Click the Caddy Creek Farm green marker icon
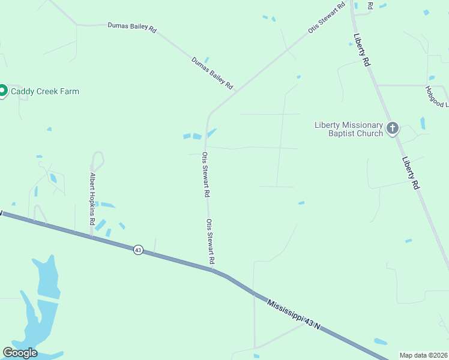pyautogui.click(x=2, y=91)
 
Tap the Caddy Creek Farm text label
pyautogui.click(x=45, y=92)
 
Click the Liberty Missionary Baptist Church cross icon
pyautogui.click(x=393, y=128)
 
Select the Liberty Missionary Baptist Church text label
pyautogui.click(x=349, y=129)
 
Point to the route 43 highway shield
pyautogui.click(x=138, y=250)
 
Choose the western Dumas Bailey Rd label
pyautogui.click(x=131, y=27)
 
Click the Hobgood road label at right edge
pyautogui.click(x=436, y=96)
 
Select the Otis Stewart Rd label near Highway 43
pyautogui.click(x=211, y=242)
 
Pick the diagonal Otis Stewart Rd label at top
pyautogui.click(x=327, y=17)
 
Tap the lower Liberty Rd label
pyautogui.click(x=410, y=173)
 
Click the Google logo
pyautogui.click(x=20, y=353)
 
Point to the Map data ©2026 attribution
pyautogui.click(x=424, y=355)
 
